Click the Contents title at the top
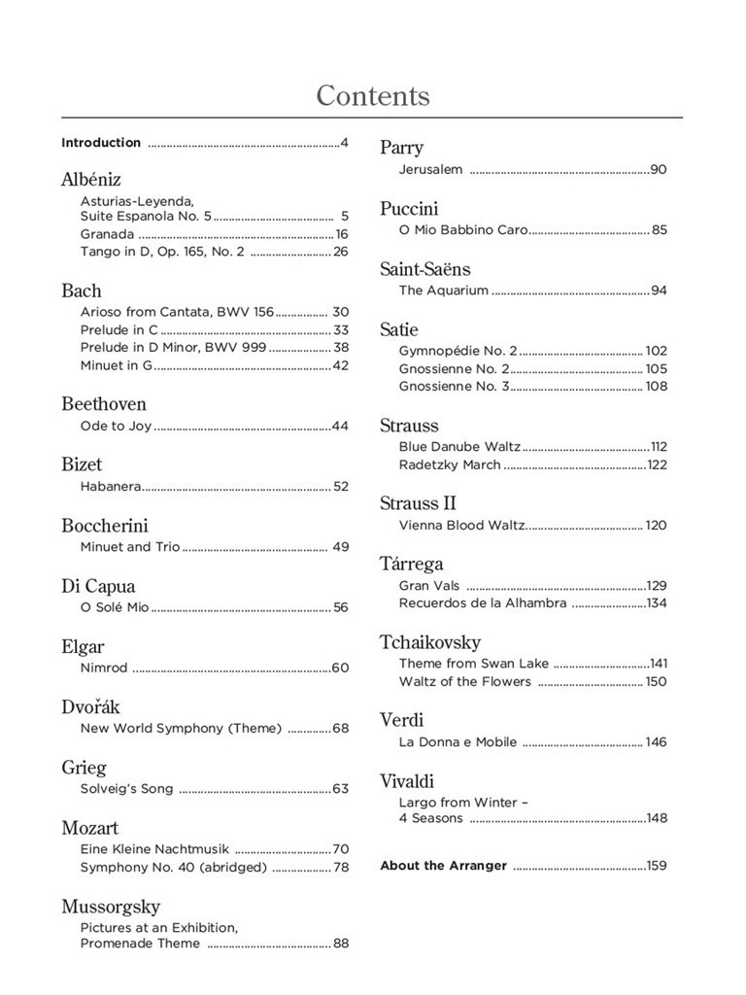(373, 96)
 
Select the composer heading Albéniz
(91, 180)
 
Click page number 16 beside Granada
(341, 234)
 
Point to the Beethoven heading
(104, 404)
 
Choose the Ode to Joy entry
(116, 426)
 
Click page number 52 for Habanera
(341, 486)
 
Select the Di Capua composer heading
(98, 586)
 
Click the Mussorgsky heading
(111, 907)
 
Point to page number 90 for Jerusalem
(659, 169)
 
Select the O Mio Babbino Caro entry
(462, 230)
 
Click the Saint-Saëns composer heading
(424, 269)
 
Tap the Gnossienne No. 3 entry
(454, 386)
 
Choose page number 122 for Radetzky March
(657, 464)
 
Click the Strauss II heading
(418, 503)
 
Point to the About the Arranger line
(443, 865)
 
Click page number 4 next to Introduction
(344, 143)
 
